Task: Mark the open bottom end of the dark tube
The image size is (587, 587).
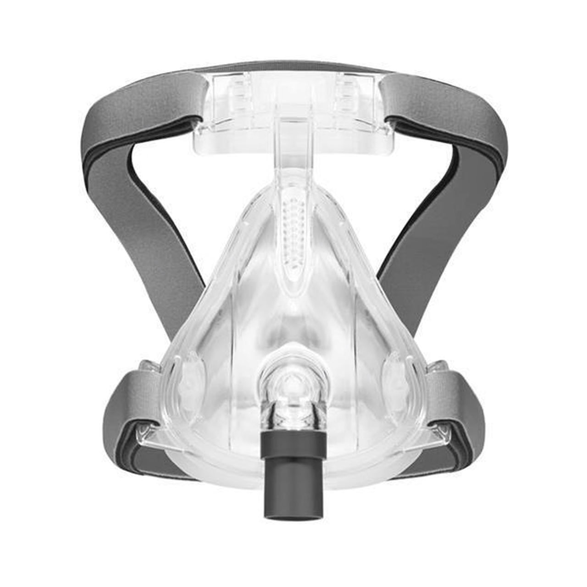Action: (293, 500)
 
